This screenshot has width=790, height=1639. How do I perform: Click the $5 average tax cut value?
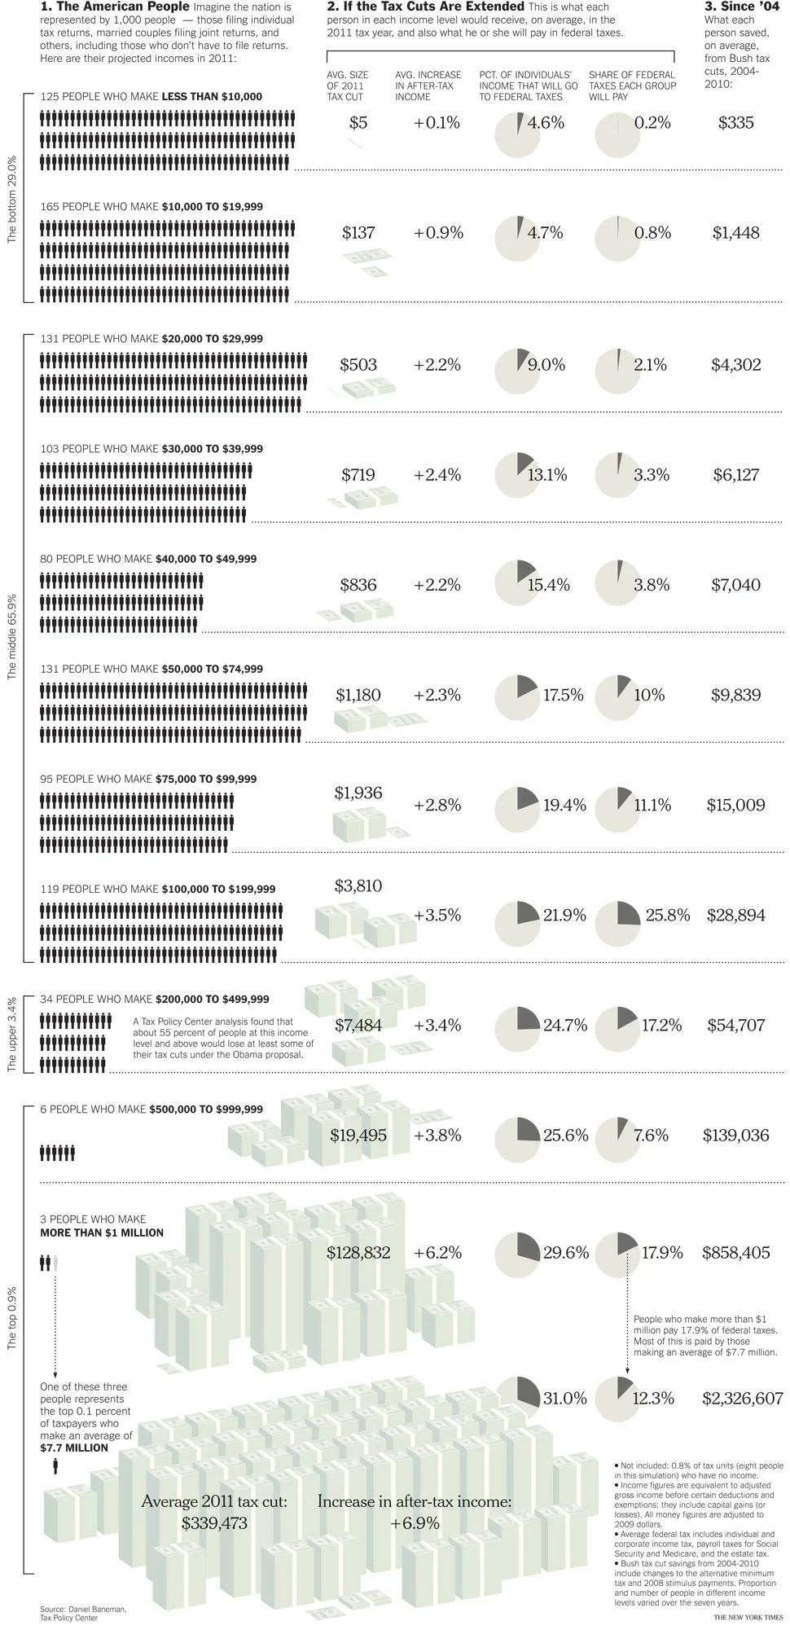pos(358,123)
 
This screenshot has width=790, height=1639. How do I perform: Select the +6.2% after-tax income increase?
pos(437,1252)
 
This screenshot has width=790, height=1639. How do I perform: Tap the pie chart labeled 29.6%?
pos(518,1254)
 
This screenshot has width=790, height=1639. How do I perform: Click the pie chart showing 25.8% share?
pos(617,916)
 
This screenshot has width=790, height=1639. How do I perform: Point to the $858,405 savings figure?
pos(735,1252)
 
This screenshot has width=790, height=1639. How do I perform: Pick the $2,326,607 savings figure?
pos(742,1398)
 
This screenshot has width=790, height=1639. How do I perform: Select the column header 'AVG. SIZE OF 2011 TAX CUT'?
pos(348,86)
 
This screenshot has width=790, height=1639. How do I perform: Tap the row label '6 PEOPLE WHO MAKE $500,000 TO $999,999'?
pos(151,1109)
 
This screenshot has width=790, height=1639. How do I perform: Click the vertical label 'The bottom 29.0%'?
pos(12,199)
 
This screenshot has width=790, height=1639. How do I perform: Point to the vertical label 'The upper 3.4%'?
pos(12,1034)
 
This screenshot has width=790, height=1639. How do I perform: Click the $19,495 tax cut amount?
pos(358,1135)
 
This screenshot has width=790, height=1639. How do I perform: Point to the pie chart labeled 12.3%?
pos(617,1399)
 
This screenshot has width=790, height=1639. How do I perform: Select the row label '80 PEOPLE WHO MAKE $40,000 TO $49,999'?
pos(148,559)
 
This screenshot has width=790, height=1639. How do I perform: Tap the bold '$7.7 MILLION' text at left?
pos(74,1448)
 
